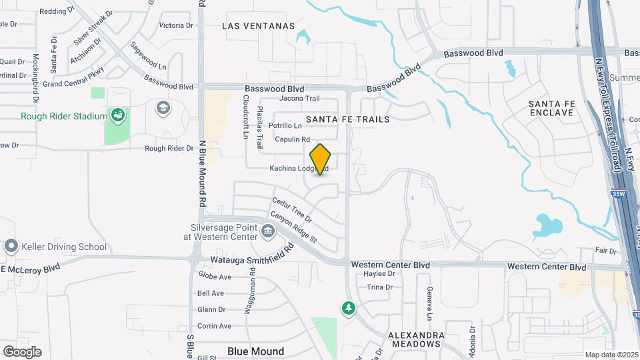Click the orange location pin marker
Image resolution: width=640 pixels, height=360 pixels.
coord(321,159)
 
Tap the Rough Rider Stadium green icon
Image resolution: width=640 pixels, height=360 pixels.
coord(118,115)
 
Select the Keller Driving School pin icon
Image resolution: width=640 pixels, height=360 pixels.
coord(11,247)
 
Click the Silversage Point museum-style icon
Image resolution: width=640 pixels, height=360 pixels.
coord(268,231)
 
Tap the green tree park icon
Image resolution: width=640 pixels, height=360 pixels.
coord(347,308)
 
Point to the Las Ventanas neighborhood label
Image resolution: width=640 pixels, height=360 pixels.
coord(258,25)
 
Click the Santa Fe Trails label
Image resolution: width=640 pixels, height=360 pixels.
coord(347,119)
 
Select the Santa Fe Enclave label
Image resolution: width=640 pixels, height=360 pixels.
coord(551,108)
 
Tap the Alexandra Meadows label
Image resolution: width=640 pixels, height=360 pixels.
coord(415,339)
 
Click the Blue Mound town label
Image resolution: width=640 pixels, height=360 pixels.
coord(255,351)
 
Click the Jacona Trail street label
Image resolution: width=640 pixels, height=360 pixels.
coord(299,99)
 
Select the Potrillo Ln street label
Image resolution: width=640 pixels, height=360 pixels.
coord(285,125)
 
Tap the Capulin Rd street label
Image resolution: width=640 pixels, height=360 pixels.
coord(293,139)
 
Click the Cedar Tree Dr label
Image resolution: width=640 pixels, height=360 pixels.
coord(291,209)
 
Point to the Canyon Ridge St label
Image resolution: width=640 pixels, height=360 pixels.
coord(293,227)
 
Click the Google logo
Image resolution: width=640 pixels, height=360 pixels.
coord(22,351)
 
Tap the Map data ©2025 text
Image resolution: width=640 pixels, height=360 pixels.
coord(611,355)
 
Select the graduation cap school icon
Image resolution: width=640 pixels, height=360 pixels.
coord(162,107)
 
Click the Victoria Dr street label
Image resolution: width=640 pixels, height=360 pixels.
coord(176,26)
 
